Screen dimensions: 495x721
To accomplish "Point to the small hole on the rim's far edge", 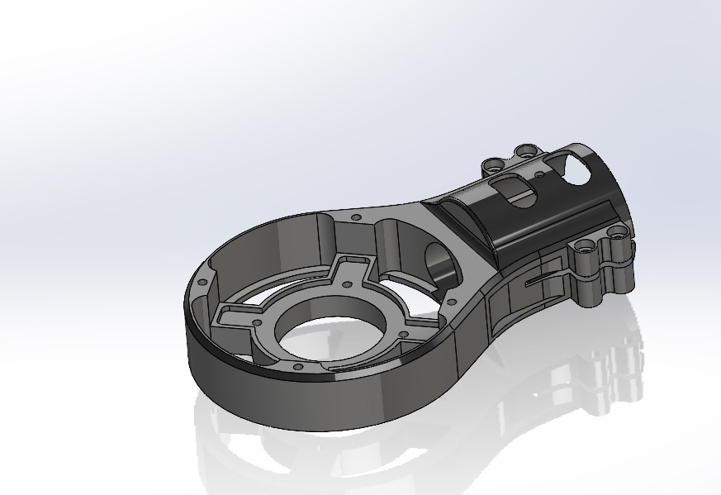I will coord(355,217).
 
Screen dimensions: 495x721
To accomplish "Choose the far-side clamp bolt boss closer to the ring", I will coord(493,164).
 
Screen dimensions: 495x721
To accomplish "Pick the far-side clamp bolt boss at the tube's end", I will coord(526,151).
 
